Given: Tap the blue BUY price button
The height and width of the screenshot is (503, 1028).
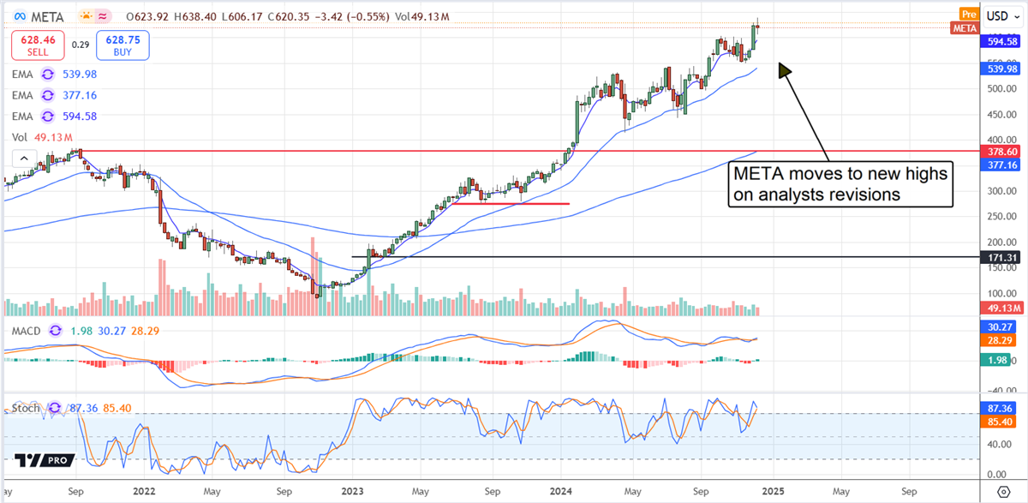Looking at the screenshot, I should [124, 45].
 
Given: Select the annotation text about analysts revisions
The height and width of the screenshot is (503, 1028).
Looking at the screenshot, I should [840, 184].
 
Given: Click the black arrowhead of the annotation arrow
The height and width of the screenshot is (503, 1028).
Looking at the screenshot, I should [784, 69].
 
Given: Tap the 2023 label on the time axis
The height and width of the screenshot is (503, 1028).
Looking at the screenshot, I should [352, 494].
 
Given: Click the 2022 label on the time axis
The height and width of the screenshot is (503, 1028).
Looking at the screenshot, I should [146, 494].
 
